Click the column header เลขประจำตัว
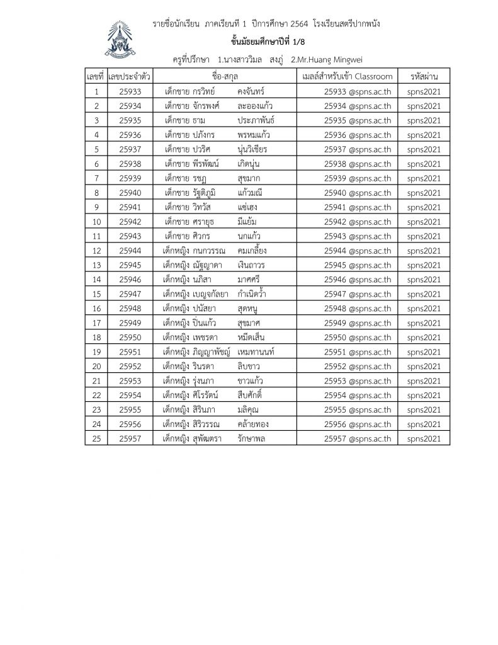point(129,77)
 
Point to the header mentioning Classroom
point(347,77)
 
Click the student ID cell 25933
point(129,91)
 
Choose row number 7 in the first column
point(96,178)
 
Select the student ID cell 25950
point(129,337)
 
